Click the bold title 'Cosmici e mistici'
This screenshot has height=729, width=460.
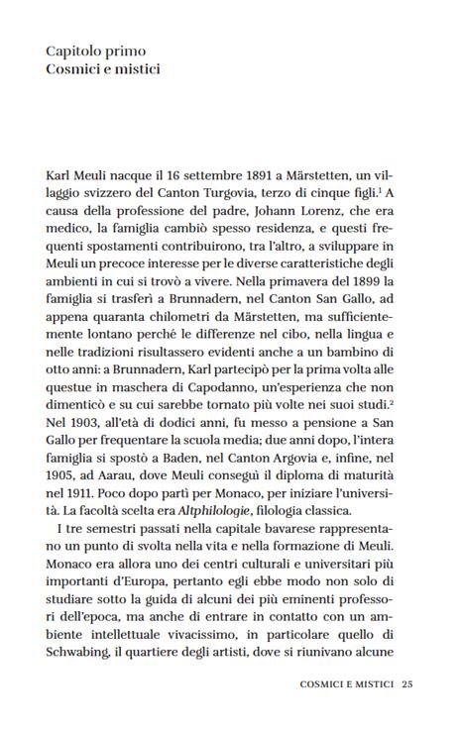[103, 70]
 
